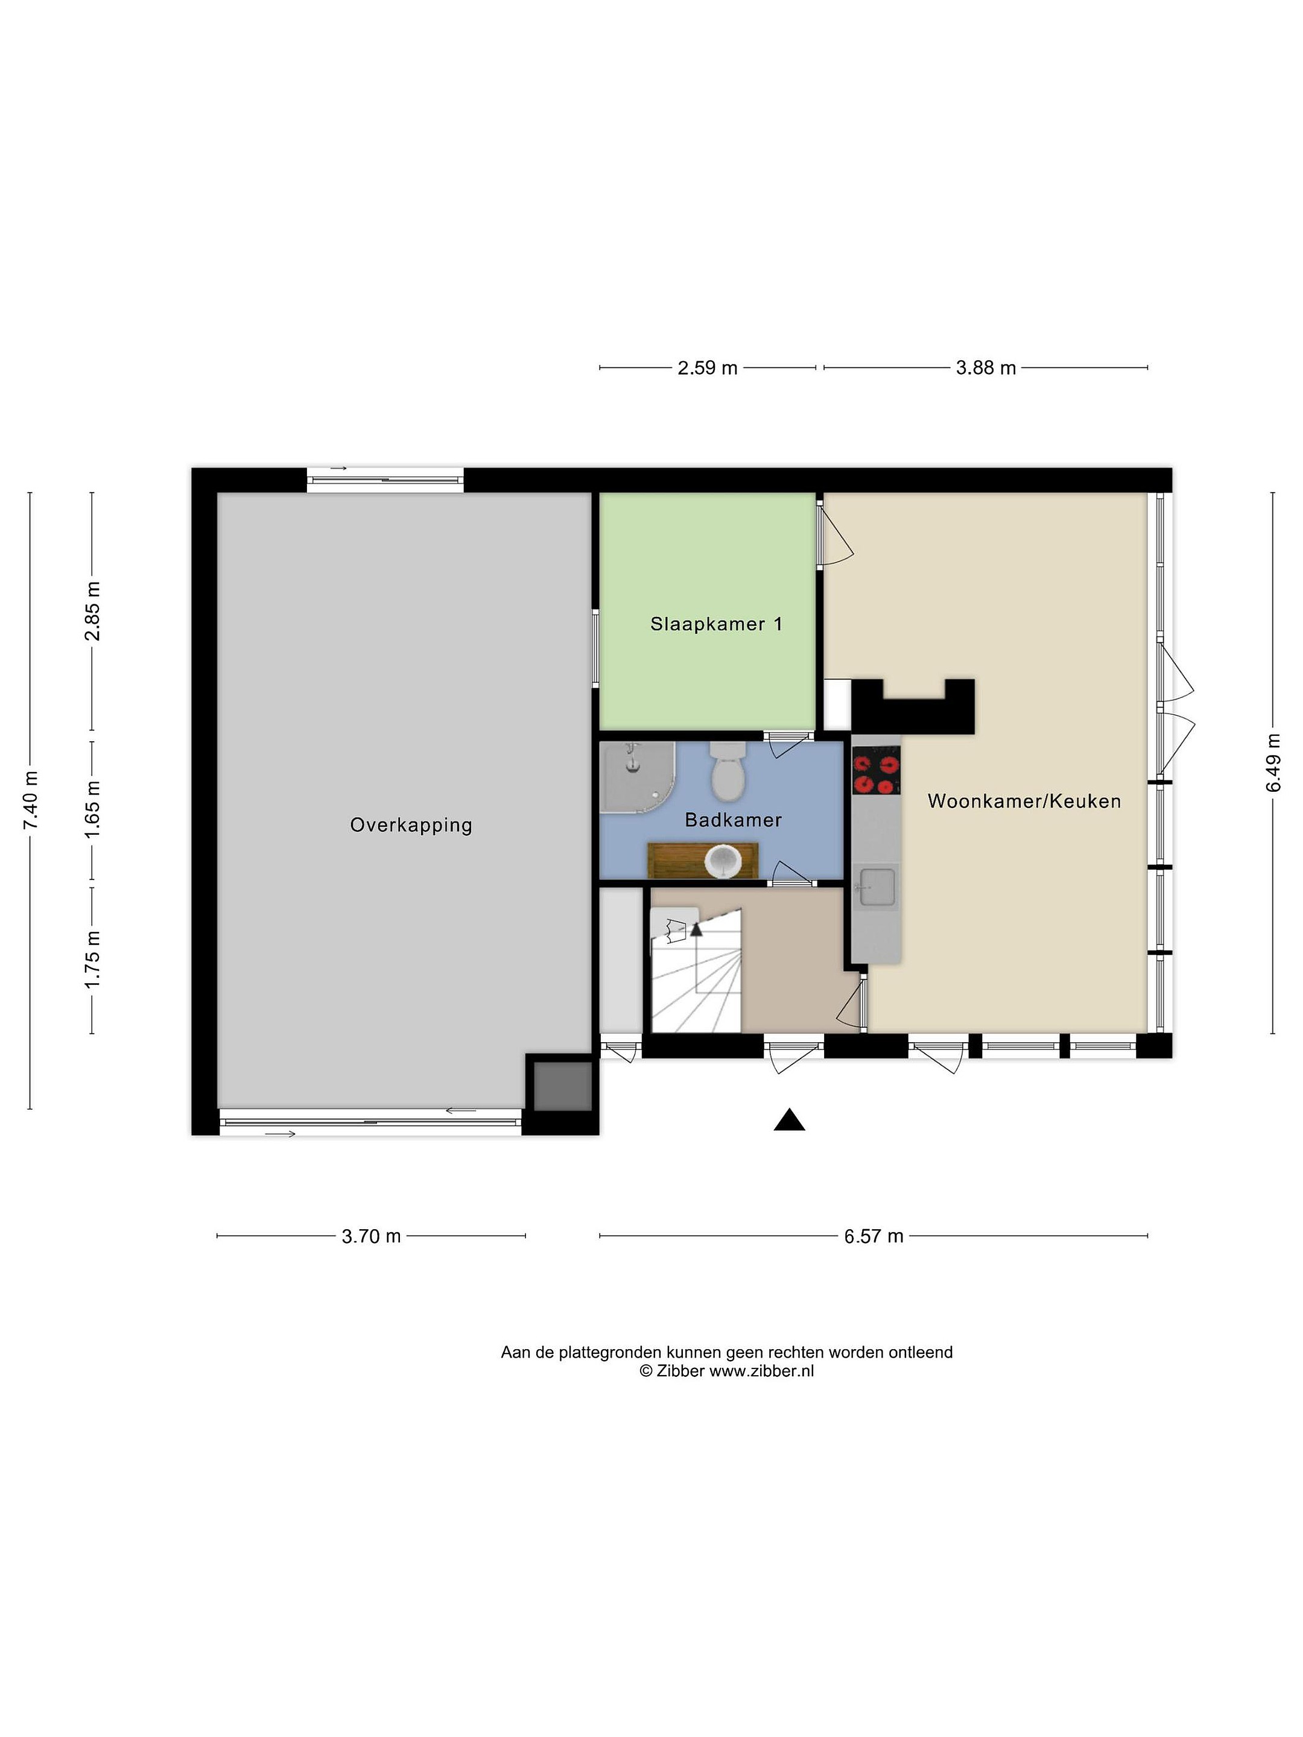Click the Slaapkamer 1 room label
tap(715, 624)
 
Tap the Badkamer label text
tap(733, 820)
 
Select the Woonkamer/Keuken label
tap(1024, 801)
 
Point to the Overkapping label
tap(411, 825)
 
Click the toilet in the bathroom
tap(728, 772)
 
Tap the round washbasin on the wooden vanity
tap(723, 861)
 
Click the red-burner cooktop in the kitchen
tap(876, 770)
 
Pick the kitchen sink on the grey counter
tap(876, 887)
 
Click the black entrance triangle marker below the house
tap(788, 1121)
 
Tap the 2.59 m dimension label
tap(707, 367)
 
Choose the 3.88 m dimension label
tap(986, 367)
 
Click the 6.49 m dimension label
tap(1273, 764)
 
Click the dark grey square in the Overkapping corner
tap(562, 1086)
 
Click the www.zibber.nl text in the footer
tap(761, 1371)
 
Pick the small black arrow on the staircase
tap(696, 930)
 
